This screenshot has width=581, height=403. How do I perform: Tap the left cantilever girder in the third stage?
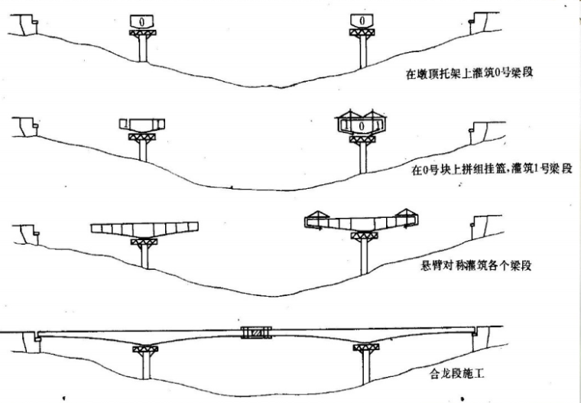[144, 228]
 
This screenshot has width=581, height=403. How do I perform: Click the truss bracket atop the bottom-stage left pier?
[145, 349]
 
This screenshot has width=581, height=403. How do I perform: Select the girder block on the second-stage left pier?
[144, 125]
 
